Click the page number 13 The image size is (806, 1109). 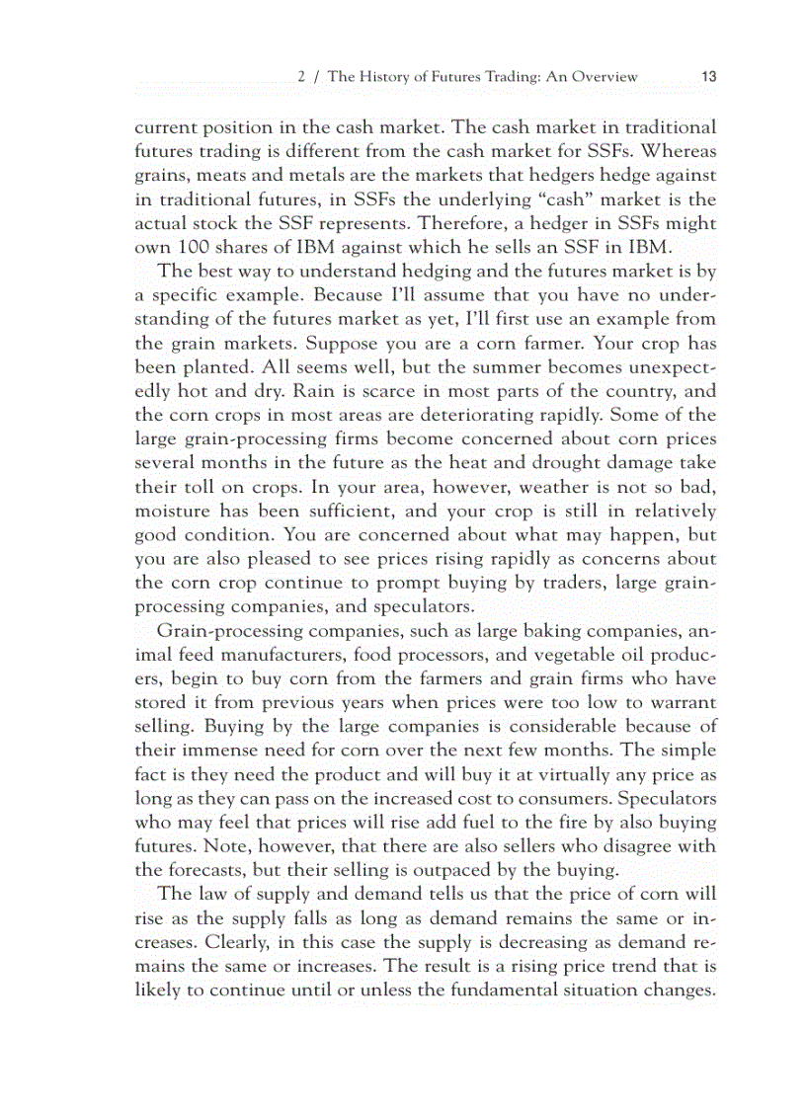[x=708, y=76]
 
